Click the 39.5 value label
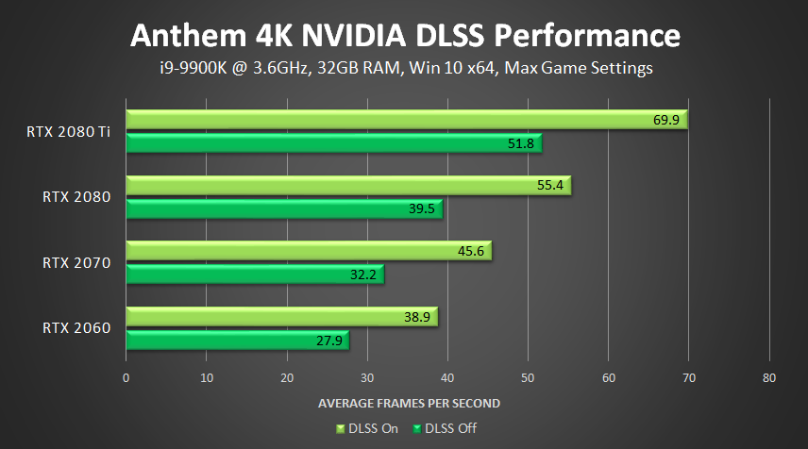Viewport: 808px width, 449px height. [x=422, y=208]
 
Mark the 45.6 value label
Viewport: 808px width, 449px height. [x=471, y=252]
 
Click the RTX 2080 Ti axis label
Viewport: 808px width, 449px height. [x=69, y=131]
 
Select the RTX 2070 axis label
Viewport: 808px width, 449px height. [x=76, y=263]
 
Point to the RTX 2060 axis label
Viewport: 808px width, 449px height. [x=76, y=328]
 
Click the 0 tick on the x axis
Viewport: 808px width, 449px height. [x=126, y=378]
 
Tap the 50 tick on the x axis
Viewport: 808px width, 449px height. [x=528, y=378]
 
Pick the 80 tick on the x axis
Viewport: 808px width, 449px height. [x=769, y=378]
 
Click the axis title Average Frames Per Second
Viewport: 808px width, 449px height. [x=409, y=403]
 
